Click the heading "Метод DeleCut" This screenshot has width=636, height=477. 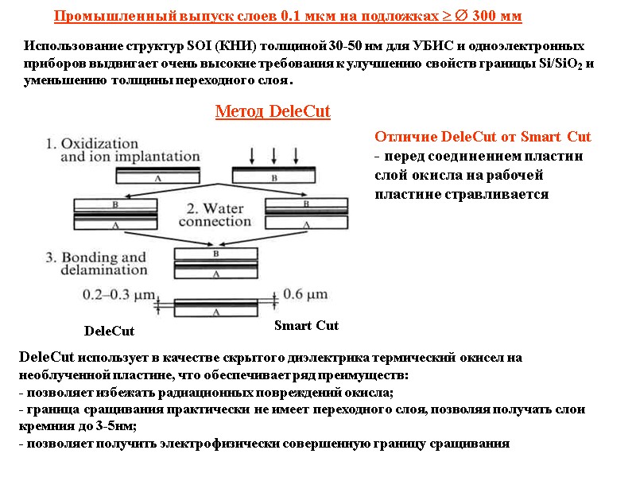point(273,111)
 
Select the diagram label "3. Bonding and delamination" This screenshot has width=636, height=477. point(97,264)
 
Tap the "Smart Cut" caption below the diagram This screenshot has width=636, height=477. point(306,325)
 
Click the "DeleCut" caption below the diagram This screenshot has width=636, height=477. point(109,331)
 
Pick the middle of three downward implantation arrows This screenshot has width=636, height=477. point(273,153)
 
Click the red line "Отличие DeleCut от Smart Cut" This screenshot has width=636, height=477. point(482,136)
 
